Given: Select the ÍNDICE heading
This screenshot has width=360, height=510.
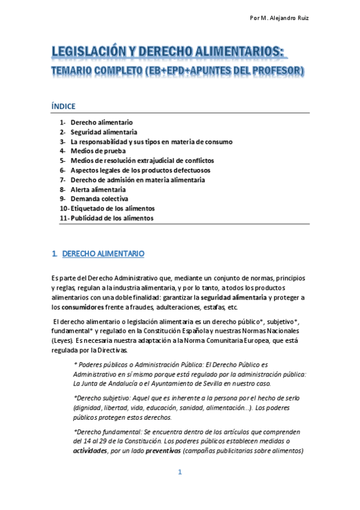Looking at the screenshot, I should [x=64, y=106].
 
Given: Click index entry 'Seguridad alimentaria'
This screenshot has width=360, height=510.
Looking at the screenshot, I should [x=103, y=132].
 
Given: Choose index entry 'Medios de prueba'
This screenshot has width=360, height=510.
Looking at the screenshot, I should [x=98, y=151].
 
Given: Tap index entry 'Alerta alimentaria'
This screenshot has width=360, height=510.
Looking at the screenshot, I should [x=98, y=189].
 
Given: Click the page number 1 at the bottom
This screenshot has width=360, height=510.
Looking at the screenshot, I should [x=180, y=472].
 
